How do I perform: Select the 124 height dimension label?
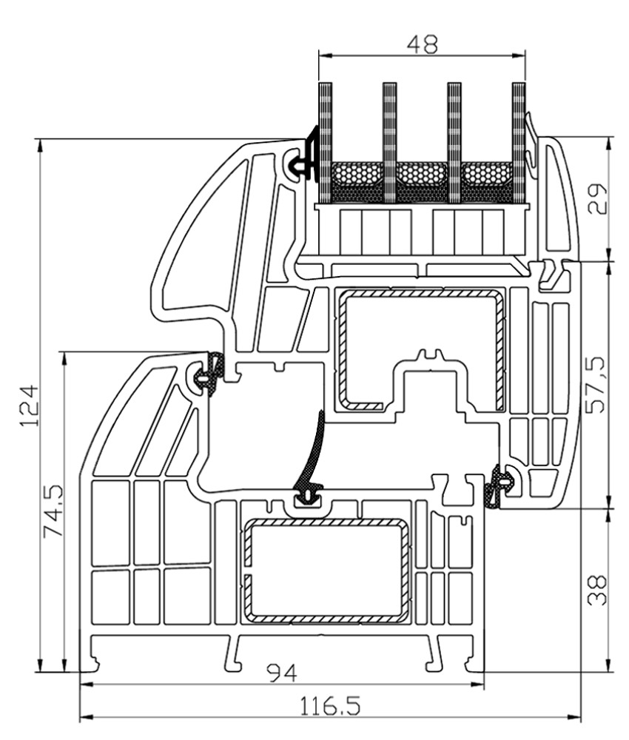pos(29,406)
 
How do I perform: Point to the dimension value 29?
pos(599,198)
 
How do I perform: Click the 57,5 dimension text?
pos(596,385)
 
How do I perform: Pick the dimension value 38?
pos(597,590)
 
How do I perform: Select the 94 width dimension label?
pos(282,673)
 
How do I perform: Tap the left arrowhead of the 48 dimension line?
pos(326,55)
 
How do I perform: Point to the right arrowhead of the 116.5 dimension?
pos(573,718)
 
